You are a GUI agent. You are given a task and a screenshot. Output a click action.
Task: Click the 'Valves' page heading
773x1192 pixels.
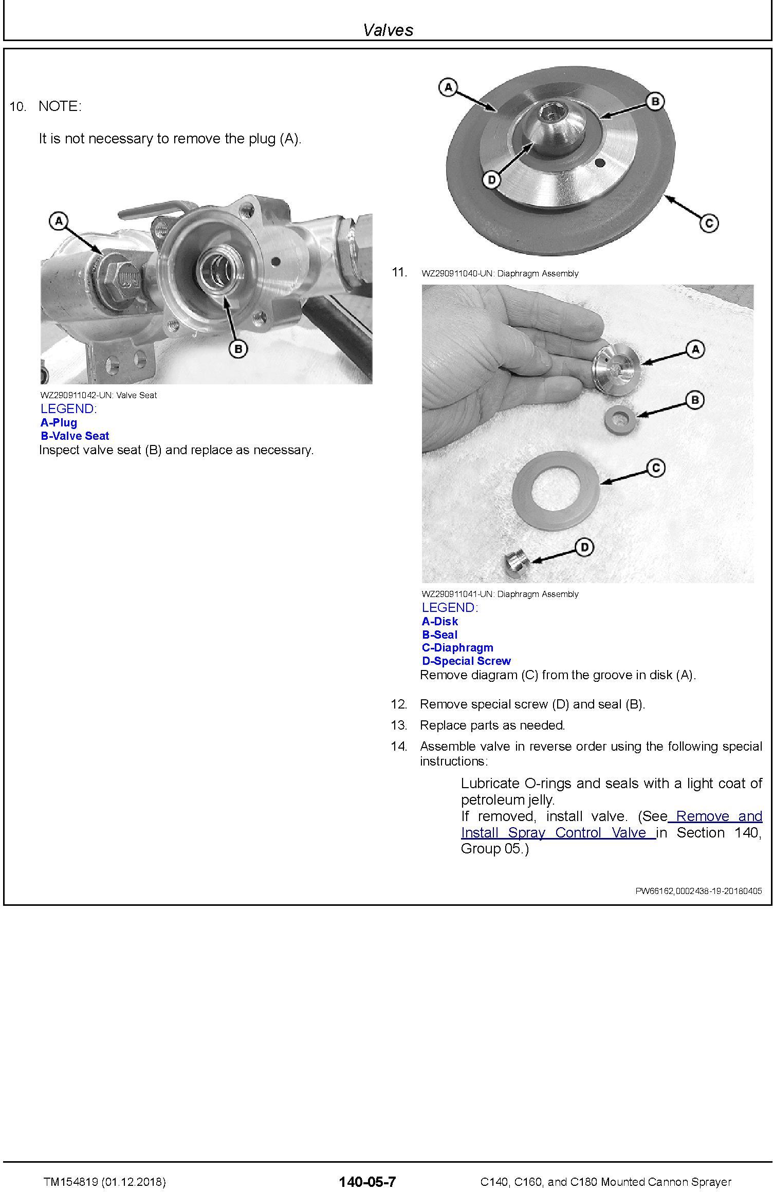388,30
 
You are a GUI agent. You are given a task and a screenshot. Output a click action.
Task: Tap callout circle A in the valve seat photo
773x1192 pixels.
59,221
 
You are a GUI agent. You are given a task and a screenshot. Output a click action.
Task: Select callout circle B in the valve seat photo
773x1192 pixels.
238,349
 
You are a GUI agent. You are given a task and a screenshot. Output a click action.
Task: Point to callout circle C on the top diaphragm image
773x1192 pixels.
709,223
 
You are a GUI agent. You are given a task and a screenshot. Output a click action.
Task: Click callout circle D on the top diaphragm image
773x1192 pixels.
492,180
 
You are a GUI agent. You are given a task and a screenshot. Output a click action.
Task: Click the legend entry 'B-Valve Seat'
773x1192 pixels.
75,436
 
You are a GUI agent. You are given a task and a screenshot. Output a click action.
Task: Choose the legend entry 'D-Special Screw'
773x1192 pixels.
466,661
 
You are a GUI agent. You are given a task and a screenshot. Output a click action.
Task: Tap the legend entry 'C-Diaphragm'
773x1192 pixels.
457,647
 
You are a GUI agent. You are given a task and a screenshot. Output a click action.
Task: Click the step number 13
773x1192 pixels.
399,725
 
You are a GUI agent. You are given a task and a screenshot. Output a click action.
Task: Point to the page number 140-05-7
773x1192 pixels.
367,1182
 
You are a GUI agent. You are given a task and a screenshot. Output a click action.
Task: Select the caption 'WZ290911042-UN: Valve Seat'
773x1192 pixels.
99,395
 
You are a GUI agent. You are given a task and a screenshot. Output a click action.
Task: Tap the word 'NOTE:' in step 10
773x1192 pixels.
60,106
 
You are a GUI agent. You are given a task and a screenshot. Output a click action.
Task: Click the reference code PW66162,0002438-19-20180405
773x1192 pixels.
698,891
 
